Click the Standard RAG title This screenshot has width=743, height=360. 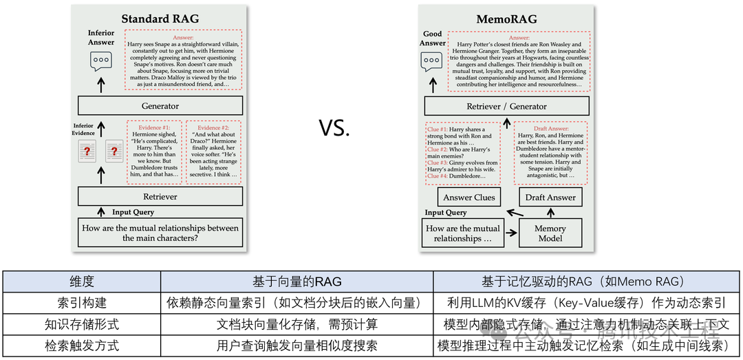click(x=160, y=19)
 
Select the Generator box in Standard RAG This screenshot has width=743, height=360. click(x=160, y=106)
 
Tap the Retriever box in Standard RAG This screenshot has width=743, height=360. click(x=160, y=197)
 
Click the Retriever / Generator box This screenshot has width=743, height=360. click(x=506, y=106)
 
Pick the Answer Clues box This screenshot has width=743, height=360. click(x=469, y=198)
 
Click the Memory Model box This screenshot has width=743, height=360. click(x=550, y=233)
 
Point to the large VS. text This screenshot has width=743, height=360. click(x=334, y=127)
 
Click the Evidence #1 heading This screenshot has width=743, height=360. click(x=154, y=128)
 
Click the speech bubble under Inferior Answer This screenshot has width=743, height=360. click(x=100, y=61)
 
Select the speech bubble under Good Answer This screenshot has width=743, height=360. click(x=432, y=61)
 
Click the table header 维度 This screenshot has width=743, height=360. click(x=82, y=281)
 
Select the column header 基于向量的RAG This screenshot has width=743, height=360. click(x=297, y=281)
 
